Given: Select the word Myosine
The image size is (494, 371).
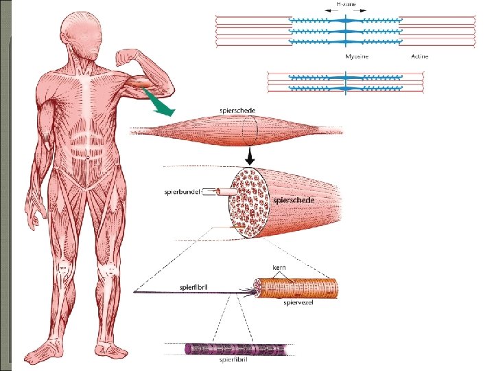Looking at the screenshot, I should coord(356,56).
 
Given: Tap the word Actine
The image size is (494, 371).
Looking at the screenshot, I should coord(419,56).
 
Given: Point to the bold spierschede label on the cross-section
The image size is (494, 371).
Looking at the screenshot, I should coord(294,200).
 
